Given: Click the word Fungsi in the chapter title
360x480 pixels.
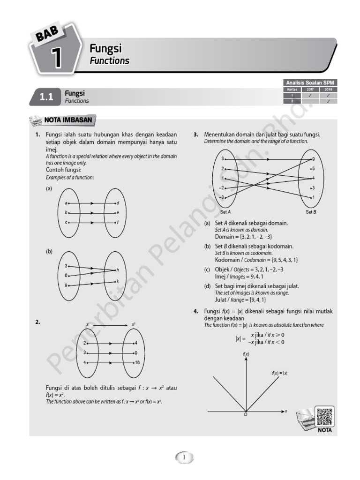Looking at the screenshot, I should coord(105,48).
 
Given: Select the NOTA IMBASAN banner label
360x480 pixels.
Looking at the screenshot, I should coord(69,120).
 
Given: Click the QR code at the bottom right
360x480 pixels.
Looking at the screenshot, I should coord(324,417).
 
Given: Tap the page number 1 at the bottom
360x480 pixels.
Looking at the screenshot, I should coord(184,457).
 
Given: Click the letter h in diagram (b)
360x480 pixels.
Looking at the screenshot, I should coord(118,270).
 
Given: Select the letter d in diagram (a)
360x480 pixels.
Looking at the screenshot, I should coord(118,203).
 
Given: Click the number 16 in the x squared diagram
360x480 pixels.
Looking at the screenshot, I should coord(137,363).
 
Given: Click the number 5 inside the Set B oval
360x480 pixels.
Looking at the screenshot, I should coord(313,168).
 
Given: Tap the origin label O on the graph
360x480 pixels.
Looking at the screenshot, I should coord(245,415).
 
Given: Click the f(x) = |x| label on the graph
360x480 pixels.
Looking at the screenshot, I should coord(279,373).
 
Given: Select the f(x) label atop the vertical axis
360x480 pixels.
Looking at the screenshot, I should coord(246,354).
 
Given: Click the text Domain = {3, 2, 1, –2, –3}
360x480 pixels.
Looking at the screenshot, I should coord(243,237).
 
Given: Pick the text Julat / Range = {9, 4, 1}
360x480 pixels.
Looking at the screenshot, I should coord(240,300).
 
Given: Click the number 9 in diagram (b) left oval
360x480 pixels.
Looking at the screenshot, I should coord(66,285).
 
